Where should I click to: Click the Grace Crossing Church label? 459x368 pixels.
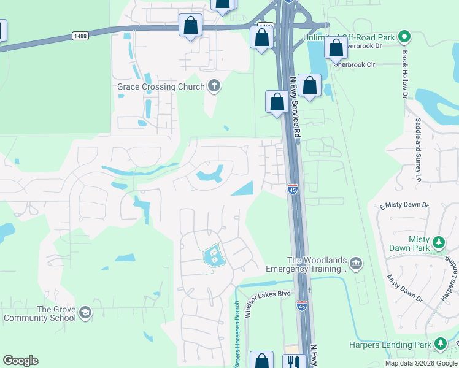click(x=161, y=86)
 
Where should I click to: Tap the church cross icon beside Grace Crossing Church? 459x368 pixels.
click(x=214, y=85)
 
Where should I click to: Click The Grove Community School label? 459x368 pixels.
click(x=39, y=313)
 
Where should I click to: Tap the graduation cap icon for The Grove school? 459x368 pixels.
click(x=85, y=313)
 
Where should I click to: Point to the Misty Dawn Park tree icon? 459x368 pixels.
click(x=439, y=242)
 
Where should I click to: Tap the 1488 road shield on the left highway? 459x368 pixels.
click(x=79, y=36)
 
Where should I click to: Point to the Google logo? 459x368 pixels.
click(x=20, y=361)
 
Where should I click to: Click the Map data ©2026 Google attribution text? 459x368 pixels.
click(x=421, y=363)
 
